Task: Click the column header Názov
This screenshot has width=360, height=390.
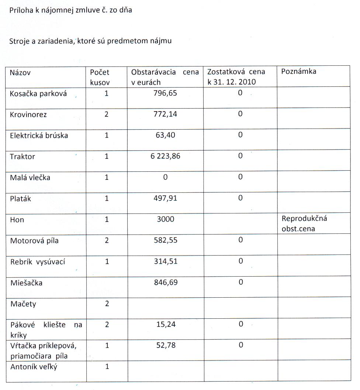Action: point(20,72)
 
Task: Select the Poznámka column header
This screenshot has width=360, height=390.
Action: point(299,71)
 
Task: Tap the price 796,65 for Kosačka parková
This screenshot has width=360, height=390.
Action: point(165,93)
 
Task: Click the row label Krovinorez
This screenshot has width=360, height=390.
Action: point(28,114)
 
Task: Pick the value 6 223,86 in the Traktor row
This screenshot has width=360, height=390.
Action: point(165,156)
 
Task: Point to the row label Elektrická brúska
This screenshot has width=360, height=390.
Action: point(39,135)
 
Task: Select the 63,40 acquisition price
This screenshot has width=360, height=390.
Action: point(165,135)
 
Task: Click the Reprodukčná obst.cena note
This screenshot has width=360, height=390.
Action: point(304,223)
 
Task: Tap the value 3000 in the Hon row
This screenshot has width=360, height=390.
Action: point(165,219)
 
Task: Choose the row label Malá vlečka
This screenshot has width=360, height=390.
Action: point(30,177)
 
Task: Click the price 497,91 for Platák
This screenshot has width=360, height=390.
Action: point(165,198)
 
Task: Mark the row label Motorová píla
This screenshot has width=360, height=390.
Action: point(34,241)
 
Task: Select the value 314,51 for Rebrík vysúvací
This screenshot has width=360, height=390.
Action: point(165,261)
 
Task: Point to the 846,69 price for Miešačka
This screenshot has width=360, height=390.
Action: point(165,283)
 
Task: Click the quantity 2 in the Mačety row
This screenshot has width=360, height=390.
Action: point(107,304)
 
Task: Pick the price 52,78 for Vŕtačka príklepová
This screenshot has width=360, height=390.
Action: point(165,345)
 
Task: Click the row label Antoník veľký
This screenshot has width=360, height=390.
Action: point(34,367)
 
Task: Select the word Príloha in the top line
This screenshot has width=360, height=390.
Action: point(21,10)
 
